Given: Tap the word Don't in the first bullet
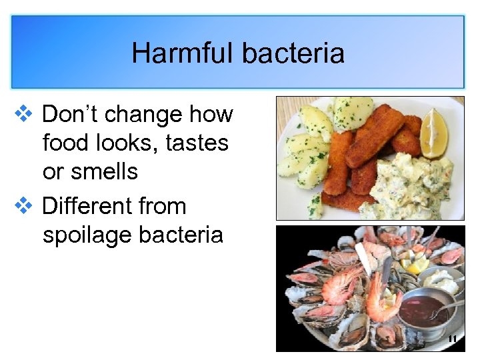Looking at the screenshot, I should [x=70, y=114].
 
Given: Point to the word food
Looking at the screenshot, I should [x=64, y=143].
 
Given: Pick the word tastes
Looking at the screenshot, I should [x=197, y=143].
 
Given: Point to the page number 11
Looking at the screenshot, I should [x=452, y=339].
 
